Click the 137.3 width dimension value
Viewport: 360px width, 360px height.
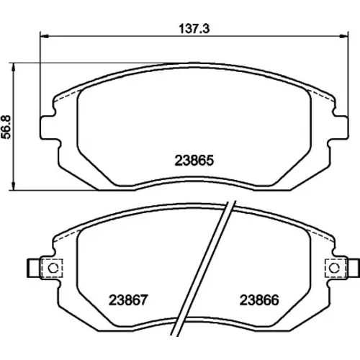(x=194, y=29)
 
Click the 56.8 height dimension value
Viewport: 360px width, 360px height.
(x=6, y=127)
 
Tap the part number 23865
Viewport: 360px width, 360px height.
(x=194, y=161)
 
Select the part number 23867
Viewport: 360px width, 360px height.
(x=128, y=300)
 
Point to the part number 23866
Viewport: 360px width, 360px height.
(x=259, y=300)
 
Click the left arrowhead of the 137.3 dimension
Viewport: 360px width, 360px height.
(x=45, y=36)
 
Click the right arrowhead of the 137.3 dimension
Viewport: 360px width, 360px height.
(x=343, y=36)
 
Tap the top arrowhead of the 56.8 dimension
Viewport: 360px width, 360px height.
(x=14, y=68)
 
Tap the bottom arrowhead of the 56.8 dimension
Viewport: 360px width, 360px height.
(x=14, y=186)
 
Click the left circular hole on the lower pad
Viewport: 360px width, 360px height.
(x=53, y=268)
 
